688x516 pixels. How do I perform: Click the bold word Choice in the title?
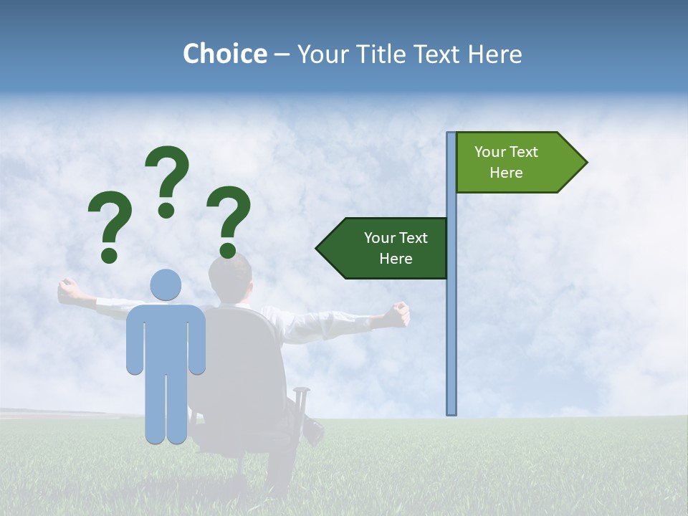[x=224, y=54]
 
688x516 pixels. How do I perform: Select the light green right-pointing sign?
[x=516, y=163]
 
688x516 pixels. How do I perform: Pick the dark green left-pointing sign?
[x=387, y=248]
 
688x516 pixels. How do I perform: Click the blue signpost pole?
[x=451, y=322]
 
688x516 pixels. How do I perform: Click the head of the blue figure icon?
[x=166, y=285]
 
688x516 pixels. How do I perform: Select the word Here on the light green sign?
[x=506, y=173]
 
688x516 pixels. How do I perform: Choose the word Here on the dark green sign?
[x=396, y=259]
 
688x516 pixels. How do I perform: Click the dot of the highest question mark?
[x=166, y=210]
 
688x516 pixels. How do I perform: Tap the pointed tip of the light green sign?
[x=586, y=163]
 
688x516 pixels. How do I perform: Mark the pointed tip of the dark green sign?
[x=317, y=249]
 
